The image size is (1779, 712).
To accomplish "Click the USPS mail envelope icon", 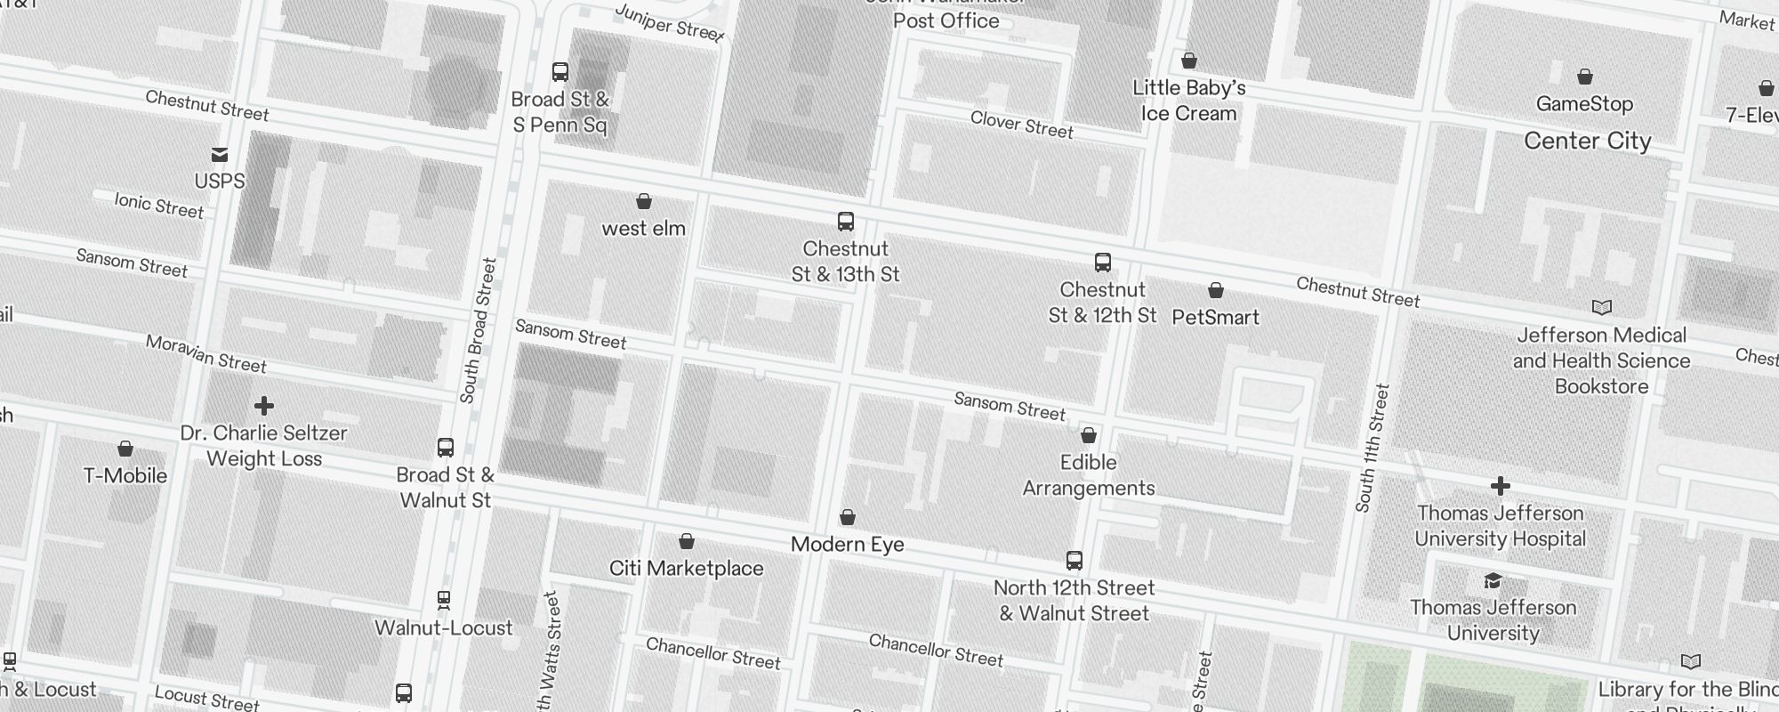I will click(x=220, y=155).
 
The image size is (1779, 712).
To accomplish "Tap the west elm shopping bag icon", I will click(x=644, y=202).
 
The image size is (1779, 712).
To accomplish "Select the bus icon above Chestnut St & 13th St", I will click(x=846, y=222).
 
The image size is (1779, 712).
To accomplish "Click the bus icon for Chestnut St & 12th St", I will click(x=1103, y=263).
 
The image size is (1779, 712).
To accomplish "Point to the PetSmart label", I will click(x=1215, y=317).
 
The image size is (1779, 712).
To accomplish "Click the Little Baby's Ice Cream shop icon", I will click(x=1188, y=61).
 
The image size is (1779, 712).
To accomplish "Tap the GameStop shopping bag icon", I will click(x=1584, y=77).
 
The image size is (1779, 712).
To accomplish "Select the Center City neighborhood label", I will click(x=1587, y=141).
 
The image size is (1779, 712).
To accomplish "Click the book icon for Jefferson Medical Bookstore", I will click(x=1601, y=308).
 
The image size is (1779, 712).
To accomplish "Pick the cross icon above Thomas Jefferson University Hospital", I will click(x=1500, y=486).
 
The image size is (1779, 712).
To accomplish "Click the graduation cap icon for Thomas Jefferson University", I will click(x=1493, y=581).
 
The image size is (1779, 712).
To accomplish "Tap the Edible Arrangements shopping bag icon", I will click(x=1088, y=436).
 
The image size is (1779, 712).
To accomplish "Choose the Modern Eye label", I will click(x=847, y=544).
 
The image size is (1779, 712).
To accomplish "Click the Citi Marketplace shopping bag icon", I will click(x=687, y=541).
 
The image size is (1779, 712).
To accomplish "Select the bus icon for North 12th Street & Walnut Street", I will click(x=1075, y=561).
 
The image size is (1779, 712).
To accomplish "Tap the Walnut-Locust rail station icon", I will click(x=444, y=601).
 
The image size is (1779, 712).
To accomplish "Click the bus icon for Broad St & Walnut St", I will click(x=446, y=448).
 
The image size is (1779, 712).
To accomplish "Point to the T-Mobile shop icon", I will click(x=125, y=449).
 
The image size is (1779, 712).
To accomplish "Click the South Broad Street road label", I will click(x=479, y=330).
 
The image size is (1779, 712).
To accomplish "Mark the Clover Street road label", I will click(x=1021, y=125).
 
